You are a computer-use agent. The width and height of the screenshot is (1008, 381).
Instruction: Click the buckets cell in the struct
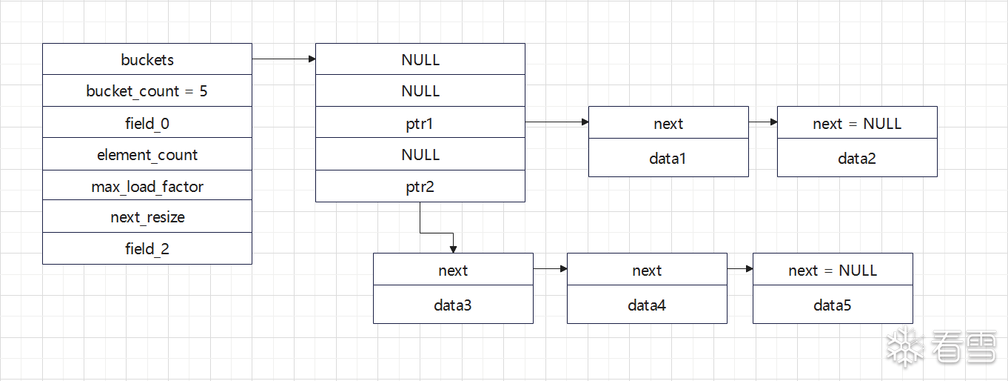click(147, 59)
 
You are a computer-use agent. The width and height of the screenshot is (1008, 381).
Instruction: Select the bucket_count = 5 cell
click(147, 90)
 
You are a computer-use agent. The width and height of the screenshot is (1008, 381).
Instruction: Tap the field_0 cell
click(147, 122)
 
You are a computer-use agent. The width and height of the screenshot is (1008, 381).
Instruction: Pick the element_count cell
click(147, 153)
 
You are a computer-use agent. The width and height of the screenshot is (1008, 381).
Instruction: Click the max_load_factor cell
click(147, 185)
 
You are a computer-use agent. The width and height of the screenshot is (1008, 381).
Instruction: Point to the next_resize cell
click(147, 216)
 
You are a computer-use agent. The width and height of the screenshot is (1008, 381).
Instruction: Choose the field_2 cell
click(147, 248)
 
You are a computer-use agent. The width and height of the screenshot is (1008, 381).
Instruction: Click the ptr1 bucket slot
click(420, 122)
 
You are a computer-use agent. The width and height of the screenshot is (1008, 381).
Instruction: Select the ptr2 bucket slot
click(420, 186)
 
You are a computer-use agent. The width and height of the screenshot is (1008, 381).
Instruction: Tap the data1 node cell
click(669, 158)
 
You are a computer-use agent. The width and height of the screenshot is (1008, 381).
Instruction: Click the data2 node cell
click(857, 158)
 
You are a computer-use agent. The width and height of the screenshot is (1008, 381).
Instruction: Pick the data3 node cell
click(453, 305)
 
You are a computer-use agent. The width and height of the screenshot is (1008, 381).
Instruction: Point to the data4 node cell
click(647, 305)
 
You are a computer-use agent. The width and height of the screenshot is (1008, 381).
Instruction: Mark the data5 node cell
click(833, 305)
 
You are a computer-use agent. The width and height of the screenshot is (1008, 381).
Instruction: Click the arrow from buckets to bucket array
click(284, 59)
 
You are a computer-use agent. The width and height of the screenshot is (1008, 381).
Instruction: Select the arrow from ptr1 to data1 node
click(557, 122)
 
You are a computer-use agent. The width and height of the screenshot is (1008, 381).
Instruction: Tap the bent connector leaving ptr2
click(437, 233)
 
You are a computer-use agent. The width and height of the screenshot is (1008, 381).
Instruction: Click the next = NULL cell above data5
click(833, 269)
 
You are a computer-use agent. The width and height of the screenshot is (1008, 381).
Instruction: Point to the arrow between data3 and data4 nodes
click(551, 269)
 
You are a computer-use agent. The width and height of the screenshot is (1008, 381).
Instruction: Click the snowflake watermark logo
click(905, 347)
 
